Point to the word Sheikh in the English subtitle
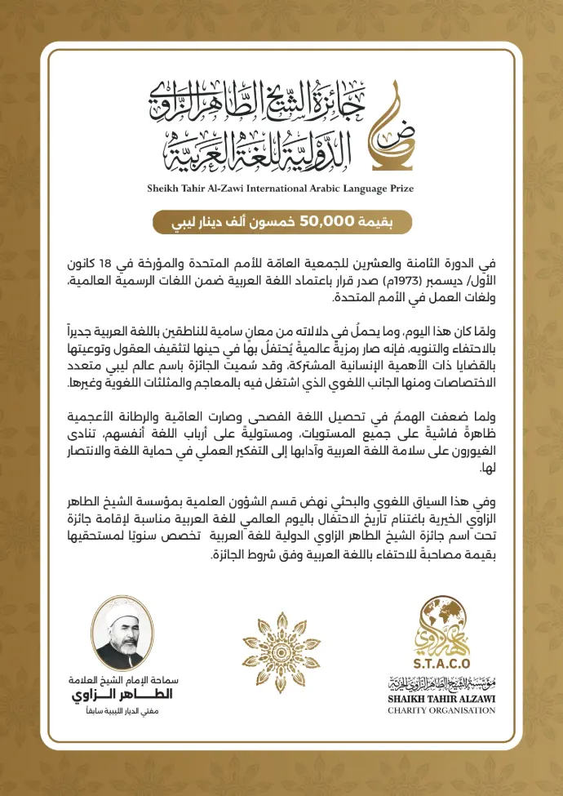tap(166, 188)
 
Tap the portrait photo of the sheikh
tap(122, 633)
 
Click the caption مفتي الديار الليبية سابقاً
tap(122, 713)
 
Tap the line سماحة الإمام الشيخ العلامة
tap(122, 679)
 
